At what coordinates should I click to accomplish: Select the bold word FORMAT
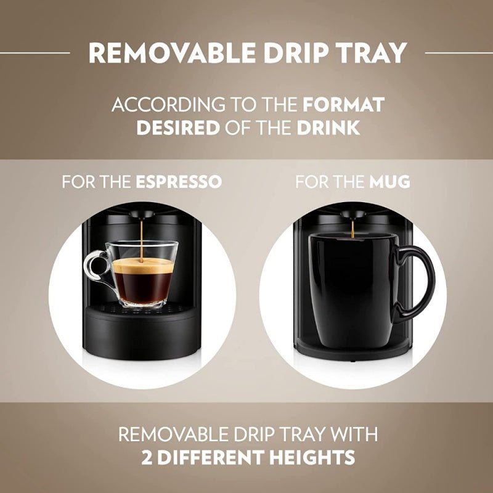coord(343,105)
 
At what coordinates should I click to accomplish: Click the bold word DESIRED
coord(177,128)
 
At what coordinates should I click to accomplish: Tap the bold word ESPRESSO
coord(179,182)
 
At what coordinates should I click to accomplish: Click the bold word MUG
coord(390,182)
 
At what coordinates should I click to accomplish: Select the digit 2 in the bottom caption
coord(145,457)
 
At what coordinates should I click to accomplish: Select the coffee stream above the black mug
coord(352,228)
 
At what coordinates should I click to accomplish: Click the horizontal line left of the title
coord(35,53)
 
